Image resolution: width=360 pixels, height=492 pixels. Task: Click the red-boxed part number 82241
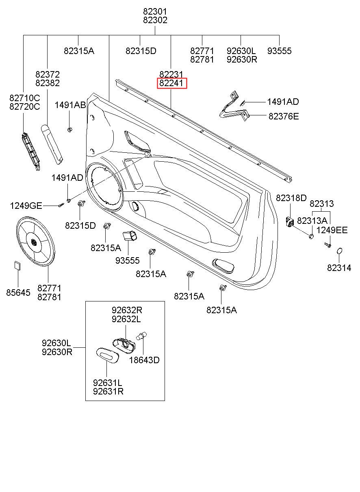pyautogui.click(x=172, y=84)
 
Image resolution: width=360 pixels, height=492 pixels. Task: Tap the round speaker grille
pyautogui.click(x=35, y=241)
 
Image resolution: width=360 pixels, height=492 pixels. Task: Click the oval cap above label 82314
pyautogui.click(x=340, y=252)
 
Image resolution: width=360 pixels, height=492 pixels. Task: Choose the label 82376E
pyautogui.click(x=283, y=117)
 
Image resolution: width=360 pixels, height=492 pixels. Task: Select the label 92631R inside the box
pyautogui.click(x=108, y=391)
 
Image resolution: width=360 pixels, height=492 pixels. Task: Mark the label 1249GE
pyautogui.click(x=26, y=206)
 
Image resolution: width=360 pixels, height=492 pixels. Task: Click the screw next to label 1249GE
pyautogui.click(x=61, y=205)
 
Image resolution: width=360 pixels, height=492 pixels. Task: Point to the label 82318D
pyautogui.click(x=291, y=198)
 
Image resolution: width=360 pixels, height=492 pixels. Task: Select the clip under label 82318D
pyautogui.click(x=290, y=222)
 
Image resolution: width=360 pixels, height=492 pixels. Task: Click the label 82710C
pyautogui.click(x=24, y=98)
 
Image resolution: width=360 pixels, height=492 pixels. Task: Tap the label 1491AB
pyautogui.click(x=70, y=105)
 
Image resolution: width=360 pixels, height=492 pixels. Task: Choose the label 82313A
pyautogui.click(x=312, y=220)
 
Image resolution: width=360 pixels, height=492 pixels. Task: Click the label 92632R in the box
pyautogui.click(x=127, y=310)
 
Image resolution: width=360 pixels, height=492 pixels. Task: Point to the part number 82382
pyautogui.click(x=47, y=83)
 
